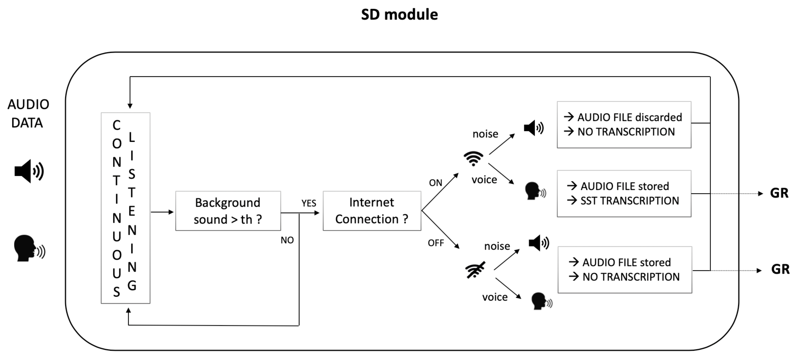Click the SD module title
(x=399, y=15)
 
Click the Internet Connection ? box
(x=372, y=211)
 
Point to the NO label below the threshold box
(x=287, y=240)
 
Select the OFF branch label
(x=436, y=243)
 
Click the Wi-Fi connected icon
(x=473, y=159)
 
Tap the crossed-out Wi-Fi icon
(x=475, y=270)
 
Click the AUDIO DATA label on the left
(x=28, y=113)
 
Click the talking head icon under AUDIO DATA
(x=29, y=249)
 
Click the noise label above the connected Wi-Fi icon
(x=485, y=134)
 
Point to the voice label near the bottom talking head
(x=495, y=297)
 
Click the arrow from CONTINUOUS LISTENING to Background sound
(x=162, y=212)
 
